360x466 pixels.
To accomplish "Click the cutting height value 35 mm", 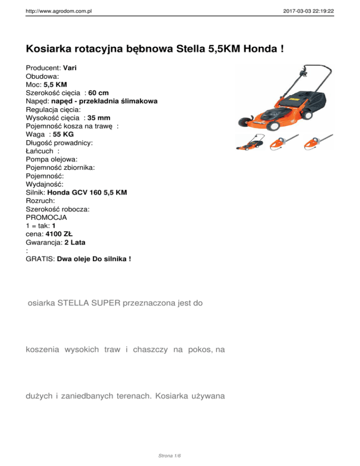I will tap(102, 119).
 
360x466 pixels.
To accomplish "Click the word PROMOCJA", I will tap(46, 218).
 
